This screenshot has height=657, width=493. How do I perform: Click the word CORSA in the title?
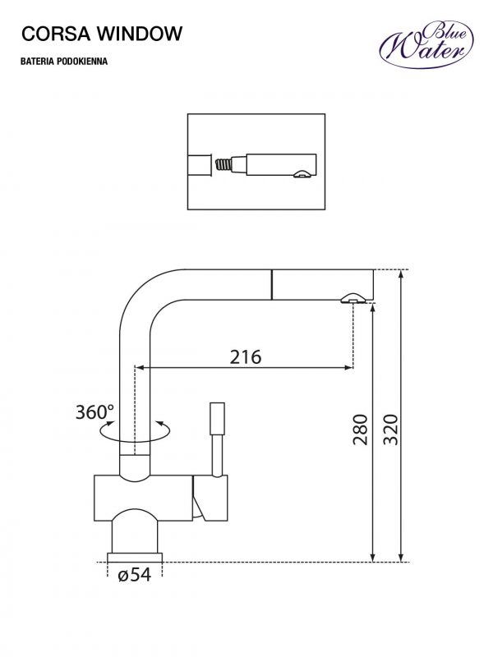coord(56,34)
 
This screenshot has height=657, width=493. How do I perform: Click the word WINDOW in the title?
coord(140,34)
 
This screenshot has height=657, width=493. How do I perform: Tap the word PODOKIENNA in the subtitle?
coord(82,62)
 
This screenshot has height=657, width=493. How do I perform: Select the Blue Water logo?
coord(426,45)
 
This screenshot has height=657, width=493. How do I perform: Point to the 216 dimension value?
coord(245,356)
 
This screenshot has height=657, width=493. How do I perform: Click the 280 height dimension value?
coord(360,430)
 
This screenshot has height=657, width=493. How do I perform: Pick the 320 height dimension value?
coord(390,430)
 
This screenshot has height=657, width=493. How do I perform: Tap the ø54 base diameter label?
coord(134,575)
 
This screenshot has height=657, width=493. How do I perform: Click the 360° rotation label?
coord(94,412)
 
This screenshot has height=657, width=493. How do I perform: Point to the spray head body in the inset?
coord(281,165)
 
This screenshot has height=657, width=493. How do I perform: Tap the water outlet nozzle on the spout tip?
coord(353,298)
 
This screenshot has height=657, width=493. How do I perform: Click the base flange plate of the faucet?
coord(135,558)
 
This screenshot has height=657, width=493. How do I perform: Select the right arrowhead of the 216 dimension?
coord(349,368)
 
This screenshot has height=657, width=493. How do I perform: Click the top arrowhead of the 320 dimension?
coord(402,274)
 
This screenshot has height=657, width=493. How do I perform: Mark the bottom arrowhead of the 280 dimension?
coord(373,558)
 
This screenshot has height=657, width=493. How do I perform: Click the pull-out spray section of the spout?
coord(323,285)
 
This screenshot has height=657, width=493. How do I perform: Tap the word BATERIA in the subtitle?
coord(37,62)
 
